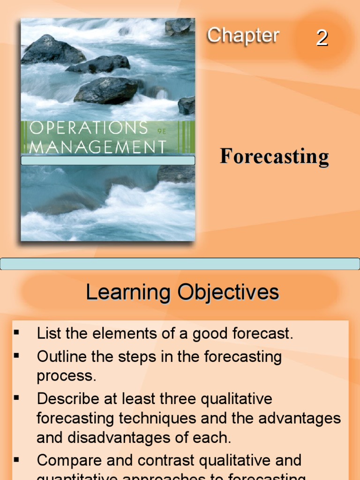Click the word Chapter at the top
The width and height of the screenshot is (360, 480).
(x=243, y=36)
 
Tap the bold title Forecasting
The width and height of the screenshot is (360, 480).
(x=274, y=157)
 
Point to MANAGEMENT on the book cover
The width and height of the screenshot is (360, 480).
(x=97, y=147)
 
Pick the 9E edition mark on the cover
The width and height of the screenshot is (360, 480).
(x=163, y=132)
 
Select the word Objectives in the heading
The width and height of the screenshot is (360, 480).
(x=228, y=293)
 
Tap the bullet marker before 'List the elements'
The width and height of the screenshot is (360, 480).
(x=16, y=332)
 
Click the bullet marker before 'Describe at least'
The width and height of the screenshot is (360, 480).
(x=16, y=397)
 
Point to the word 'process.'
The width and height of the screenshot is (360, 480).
(x=66, y=376)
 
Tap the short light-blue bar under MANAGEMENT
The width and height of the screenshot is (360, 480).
(x=108, y=160)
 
